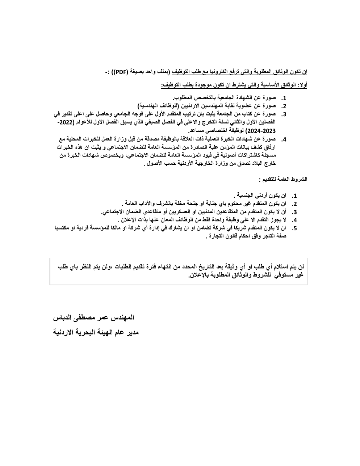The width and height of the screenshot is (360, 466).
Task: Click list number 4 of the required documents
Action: click(284, 139)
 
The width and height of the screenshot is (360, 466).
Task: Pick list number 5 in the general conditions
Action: click(294, 228)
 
